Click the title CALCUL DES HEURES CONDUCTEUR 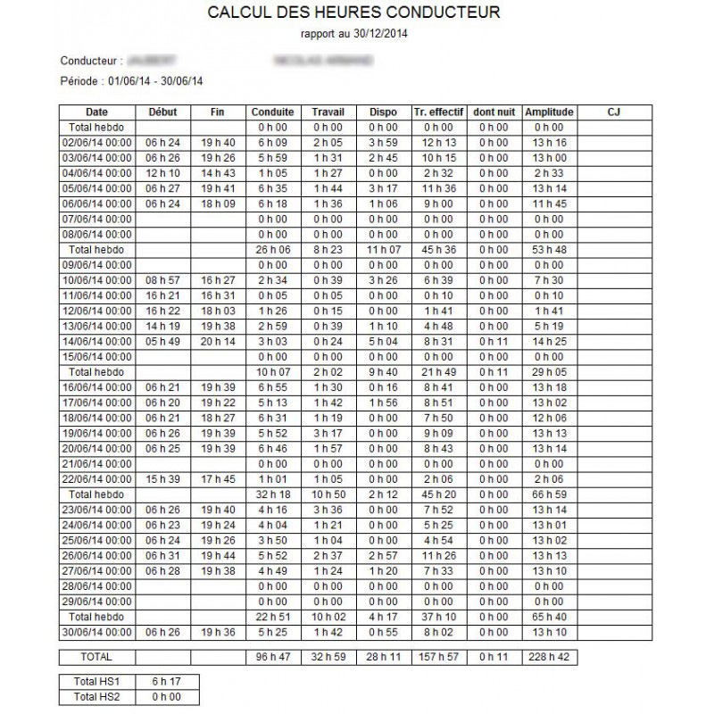[x=353, y=13]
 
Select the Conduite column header [x=273, y=112]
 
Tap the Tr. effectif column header [x=438, y=112]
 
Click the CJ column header [x=612, y=112]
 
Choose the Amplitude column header [x=549, y=112]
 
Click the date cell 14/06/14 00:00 [x=96, y=340]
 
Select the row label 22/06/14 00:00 [x=96, y=479]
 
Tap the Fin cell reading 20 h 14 [x=217, y=340]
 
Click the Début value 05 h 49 [x=162, y=340]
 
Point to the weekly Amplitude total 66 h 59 [x=549, y=494]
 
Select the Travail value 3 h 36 [x=328, y=508]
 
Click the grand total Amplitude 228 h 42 [x=549, y=656]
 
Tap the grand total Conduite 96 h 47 [x=273, y=656]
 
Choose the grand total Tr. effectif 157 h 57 [x=438, y=656]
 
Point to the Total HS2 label [x=96, y=696]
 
